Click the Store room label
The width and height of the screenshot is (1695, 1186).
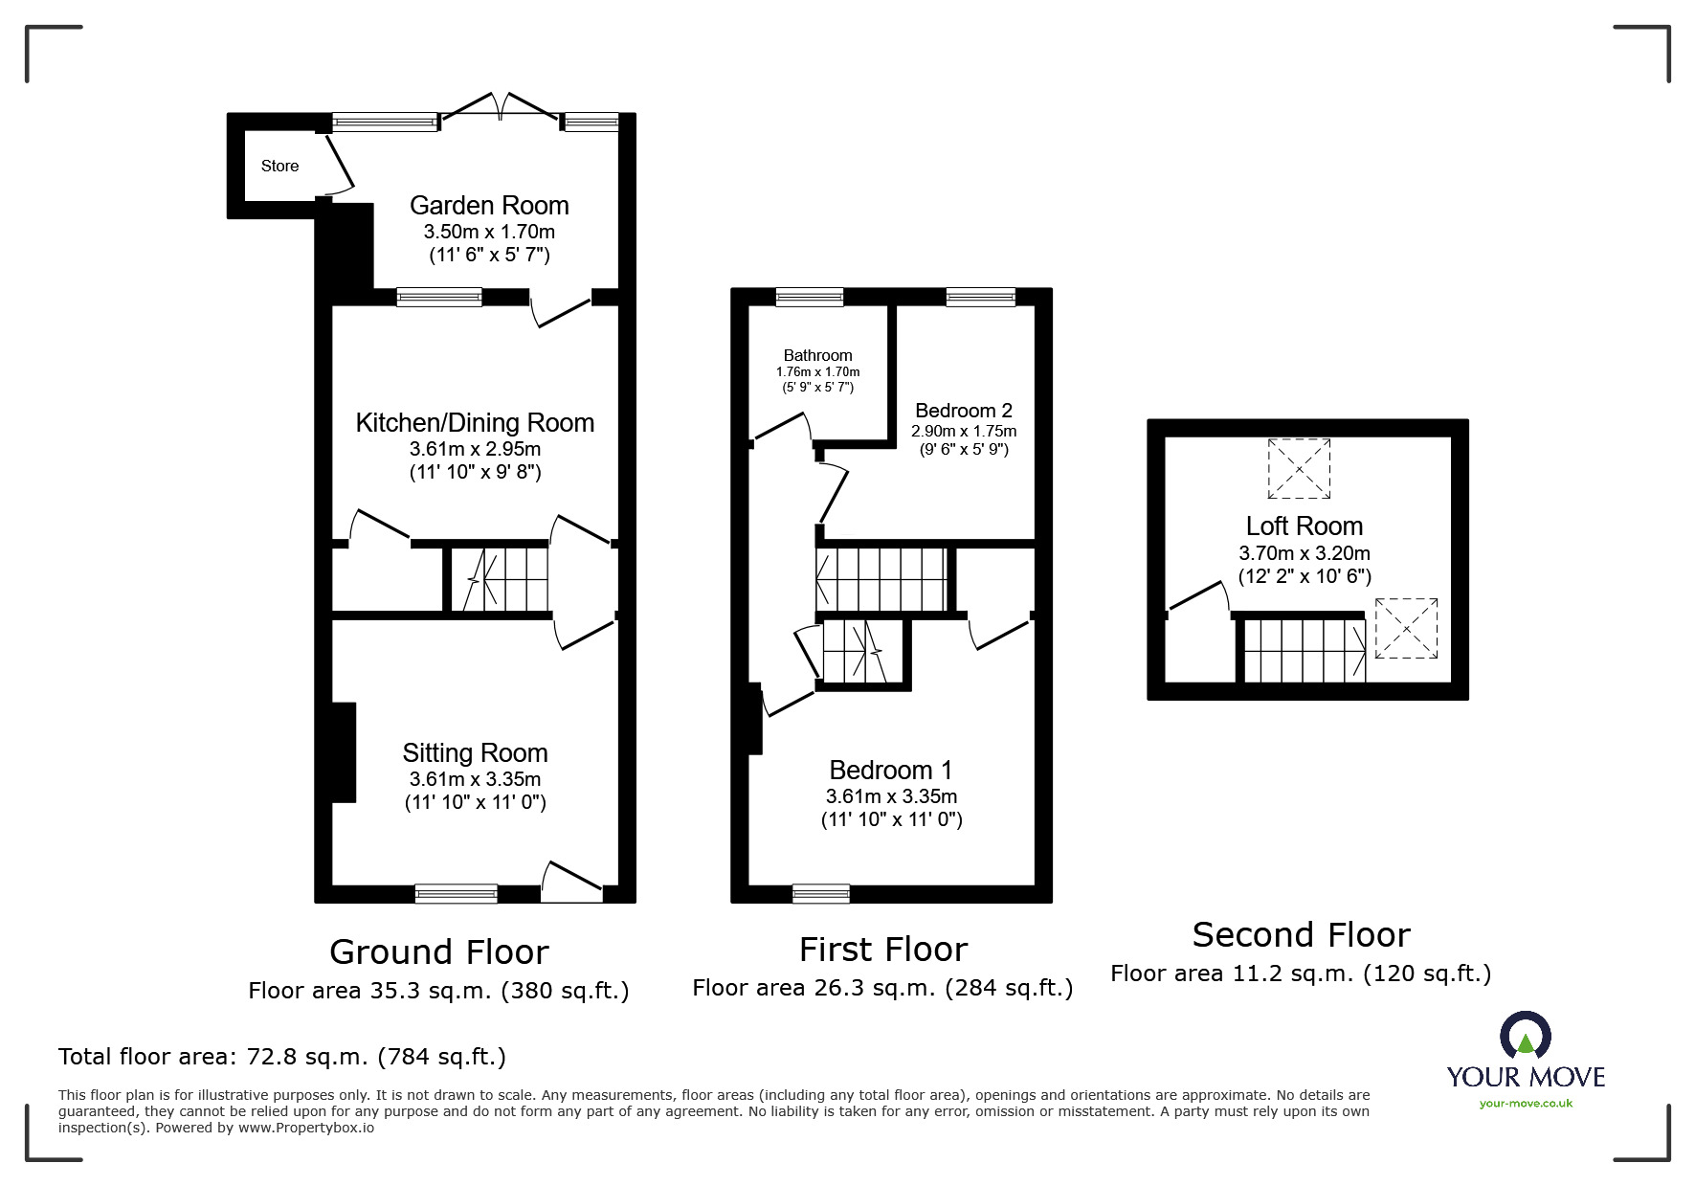point(279,167)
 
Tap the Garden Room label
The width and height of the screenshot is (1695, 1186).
point(489,206)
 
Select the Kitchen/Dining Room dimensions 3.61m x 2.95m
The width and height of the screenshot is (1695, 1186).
point(475,449)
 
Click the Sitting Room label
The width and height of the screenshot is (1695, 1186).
point(475,753)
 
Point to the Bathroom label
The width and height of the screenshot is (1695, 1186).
point(817,355)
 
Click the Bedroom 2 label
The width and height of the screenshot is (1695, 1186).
point(963,411)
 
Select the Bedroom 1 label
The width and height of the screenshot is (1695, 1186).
point(891,771)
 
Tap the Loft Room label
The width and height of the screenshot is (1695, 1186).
point(1304,526)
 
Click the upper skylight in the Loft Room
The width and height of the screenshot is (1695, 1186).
point(1299,468)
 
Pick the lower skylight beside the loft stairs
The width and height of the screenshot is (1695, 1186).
point(1406,628)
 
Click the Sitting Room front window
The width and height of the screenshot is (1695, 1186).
point(457,894)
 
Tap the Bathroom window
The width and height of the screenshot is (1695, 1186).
point(810,297)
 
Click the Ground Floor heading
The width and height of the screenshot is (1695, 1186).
point(438,952)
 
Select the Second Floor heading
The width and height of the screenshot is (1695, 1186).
point(1301,935)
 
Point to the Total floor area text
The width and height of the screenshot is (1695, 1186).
point(282,1057)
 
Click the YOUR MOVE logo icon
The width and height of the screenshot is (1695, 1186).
point(1525,1037)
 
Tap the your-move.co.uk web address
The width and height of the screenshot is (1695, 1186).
point(1526,1104)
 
